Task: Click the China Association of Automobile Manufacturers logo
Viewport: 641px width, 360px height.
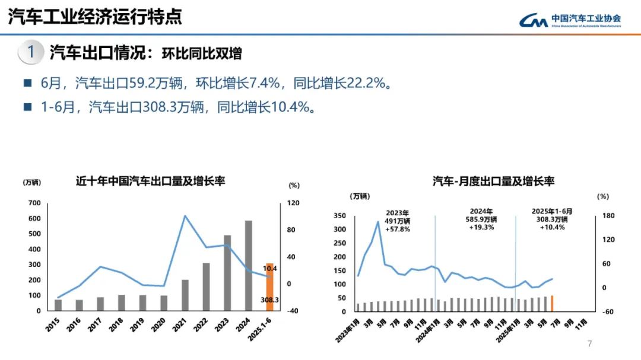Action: click(570, 20)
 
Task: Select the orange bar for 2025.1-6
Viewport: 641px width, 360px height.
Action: click(269, 287)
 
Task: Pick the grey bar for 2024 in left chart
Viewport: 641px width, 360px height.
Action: click(248, 266)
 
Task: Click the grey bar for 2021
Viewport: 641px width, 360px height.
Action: click(185, 295)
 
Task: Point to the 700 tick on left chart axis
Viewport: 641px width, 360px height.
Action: click(34, 203)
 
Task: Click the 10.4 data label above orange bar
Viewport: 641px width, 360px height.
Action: click(270, 269)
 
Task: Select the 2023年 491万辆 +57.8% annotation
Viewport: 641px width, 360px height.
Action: click(398, 221)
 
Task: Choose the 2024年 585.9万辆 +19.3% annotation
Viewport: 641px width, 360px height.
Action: click(481, 219)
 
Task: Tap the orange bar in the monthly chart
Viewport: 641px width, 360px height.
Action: click(551, 303)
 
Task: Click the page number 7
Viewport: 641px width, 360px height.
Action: click(589, 343)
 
